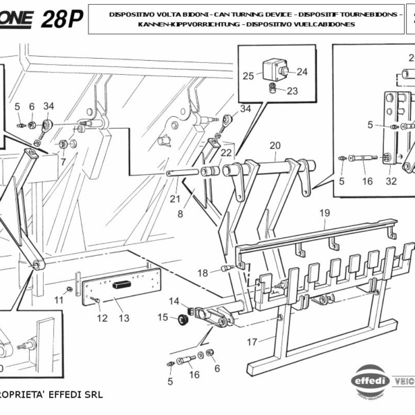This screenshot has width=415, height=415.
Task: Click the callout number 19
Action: (324, 214)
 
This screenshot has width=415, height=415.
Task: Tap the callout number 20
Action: (275, 146)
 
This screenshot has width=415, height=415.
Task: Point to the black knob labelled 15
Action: (185, 318)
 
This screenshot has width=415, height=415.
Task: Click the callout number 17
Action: (252, 341)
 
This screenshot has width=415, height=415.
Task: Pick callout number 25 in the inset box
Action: (248, 75)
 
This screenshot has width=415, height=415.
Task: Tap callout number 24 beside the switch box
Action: (302, 71)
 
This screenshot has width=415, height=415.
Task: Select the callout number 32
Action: (391, 181)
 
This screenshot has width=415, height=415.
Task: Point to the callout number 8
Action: (181, 214)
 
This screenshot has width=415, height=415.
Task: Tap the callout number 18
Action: (202, 273)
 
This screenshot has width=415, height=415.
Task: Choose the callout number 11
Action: (59, 300)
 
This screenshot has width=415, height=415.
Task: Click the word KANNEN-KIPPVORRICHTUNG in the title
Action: (182, 24)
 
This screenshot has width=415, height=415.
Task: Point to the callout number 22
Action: (226, 152)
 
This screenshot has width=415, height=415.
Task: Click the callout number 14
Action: (174, 301)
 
